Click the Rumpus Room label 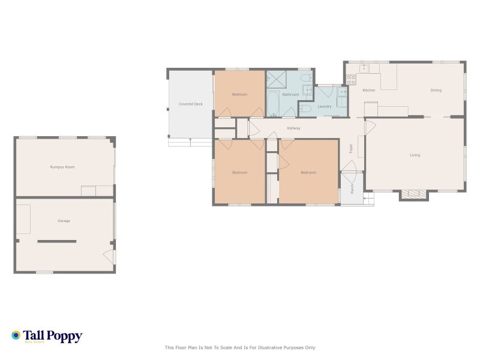pyautogui.click(x=62, y=167)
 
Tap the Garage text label pyautogui.click(x=64, y=221)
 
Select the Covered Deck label pyautogui.click(x=191, y=104)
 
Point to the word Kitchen pyautogui.click(x=369, y=90)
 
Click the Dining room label pyautogui.click(x=436, y=90)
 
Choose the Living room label pyautogui.click(x=415, y=155)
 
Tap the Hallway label pyautogui.click(x=293, y=128)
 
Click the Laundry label pyautogui.click(x=325, y=106)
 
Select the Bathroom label pyautogui.click(x=291, y=94)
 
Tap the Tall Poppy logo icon pyautogui.click(x=16, y=335)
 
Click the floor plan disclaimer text pyautogui.click(x=240, y=347)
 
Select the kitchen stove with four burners pyautogui.click(x=351, y=79)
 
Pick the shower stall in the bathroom pyautogui.click(x=277, y=79)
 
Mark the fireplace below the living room pyautogui.click(x=414, y=194)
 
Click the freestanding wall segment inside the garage pyautogui.click(x=57, y=241)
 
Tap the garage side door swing pyautogui.click(x=109, y=257)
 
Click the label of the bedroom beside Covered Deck pyautogui.click(x=240, y=94)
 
